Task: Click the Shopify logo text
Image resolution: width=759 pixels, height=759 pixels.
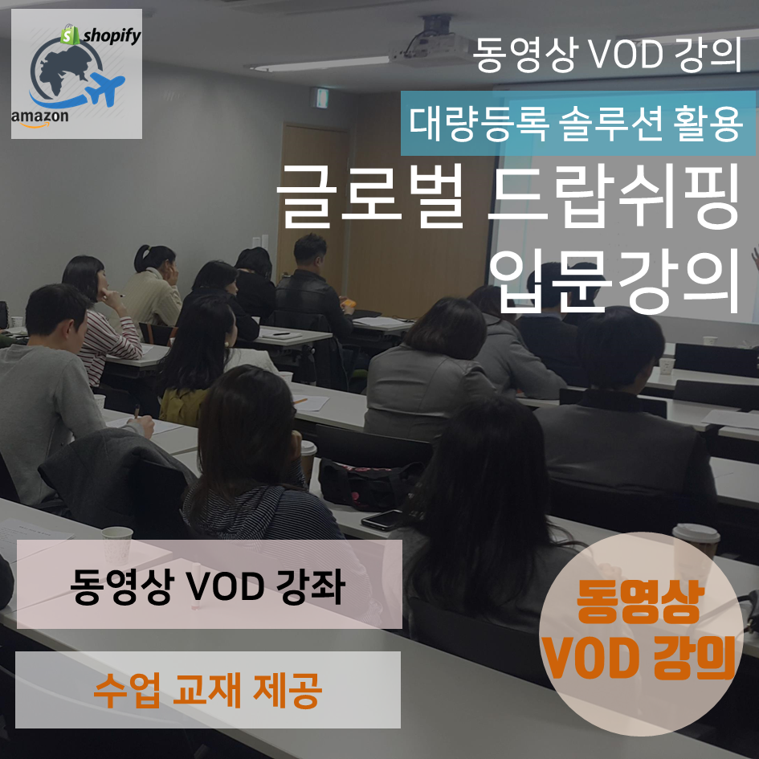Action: coord(112,35)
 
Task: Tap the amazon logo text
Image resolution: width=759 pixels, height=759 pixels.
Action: coord(39,116)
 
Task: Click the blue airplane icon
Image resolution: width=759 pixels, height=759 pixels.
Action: coord(106,88)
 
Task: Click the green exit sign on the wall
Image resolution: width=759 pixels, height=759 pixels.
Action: coord(320,98)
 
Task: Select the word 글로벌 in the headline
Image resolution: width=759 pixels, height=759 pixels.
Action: coord(370,197)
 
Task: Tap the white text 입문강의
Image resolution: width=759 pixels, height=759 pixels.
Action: coord(614,281)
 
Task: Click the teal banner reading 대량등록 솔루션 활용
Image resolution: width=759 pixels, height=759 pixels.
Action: coord(578,124)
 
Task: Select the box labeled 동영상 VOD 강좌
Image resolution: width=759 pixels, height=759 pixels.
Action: coord(209,584)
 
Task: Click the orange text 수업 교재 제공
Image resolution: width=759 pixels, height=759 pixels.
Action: coord(208,690)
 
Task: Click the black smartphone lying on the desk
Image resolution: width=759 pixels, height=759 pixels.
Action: coord(382,520)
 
